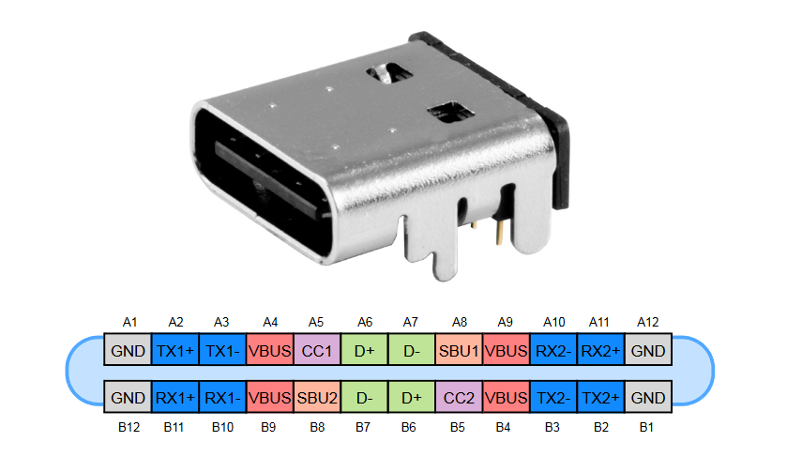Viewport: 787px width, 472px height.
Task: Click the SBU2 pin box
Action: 317,397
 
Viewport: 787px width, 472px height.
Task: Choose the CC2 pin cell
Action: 459,397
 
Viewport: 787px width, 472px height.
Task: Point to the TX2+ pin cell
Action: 600,397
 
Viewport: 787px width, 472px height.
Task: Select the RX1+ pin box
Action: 175,397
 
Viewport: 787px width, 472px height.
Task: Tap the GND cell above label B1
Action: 648,397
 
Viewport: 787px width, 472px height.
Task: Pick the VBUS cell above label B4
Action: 506,397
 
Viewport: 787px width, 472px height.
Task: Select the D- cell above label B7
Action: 364,397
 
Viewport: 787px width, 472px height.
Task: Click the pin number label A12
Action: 647,322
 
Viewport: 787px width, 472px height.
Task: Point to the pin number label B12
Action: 129,427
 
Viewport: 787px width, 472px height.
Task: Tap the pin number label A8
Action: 460,322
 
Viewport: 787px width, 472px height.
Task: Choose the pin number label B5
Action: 457,427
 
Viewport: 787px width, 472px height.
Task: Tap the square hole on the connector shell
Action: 450,113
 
